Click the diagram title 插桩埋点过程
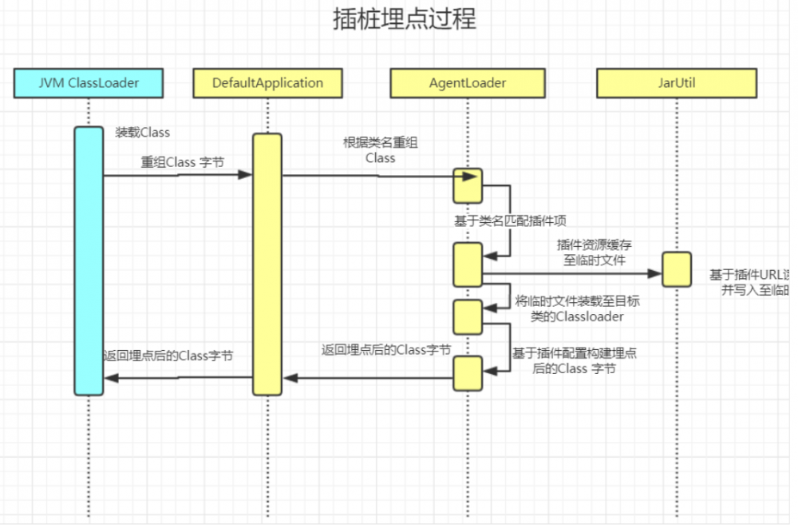pos(404,19)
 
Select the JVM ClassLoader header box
pos(89,83)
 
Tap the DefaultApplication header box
pos(267,83)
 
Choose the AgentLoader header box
pos(468,83)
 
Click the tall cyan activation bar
pos(89,261)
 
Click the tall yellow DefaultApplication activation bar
pos(267,264)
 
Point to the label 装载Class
pos(142,133)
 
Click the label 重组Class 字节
pos(183,162)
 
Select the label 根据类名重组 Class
pos(381,150)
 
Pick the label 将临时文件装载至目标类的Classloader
pos(576,308)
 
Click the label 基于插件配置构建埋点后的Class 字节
pos(579,360)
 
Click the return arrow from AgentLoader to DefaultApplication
pos(367,377)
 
